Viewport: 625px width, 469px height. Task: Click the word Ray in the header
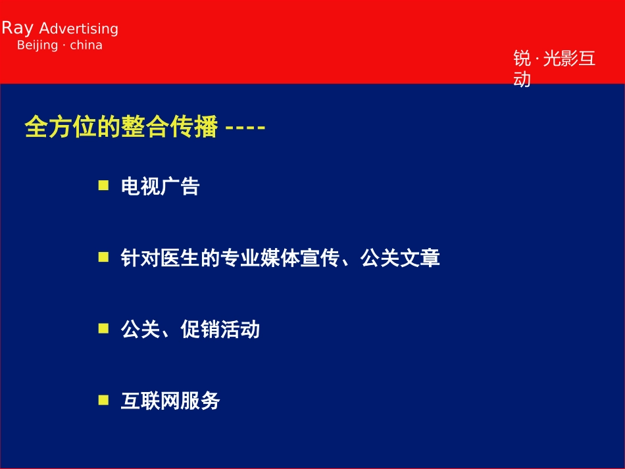coord(18,28)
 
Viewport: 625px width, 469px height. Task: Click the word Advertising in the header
coord(78,29)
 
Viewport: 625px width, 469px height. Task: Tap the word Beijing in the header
coord(37,45)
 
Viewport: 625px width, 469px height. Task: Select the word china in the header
coord(86,45)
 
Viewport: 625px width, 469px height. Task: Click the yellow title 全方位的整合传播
coord(121,127)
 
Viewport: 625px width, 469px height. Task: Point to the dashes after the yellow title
coord(245,128)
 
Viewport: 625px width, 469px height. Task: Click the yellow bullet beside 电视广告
coord(104,185)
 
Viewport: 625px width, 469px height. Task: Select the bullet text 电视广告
coord(161,186)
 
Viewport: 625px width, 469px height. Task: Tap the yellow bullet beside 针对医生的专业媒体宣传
coord(104,257)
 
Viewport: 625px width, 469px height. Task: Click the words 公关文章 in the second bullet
coord(400,258)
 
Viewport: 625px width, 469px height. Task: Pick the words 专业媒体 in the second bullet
coord(260,258)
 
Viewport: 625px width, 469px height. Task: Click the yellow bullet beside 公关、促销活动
coord(104,328)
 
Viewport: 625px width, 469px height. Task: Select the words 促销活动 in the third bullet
coord(220,330)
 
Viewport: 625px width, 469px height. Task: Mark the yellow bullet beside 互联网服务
coord(104,400)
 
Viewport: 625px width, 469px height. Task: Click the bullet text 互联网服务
coord(170,401)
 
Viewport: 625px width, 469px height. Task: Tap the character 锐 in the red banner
coord(522,59)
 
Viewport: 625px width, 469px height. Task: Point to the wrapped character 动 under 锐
coord(522,79)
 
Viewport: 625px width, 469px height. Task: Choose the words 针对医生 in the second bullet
coord(161,258)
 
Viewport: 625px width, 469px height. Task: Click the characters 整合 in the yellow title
coord(145,127)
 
